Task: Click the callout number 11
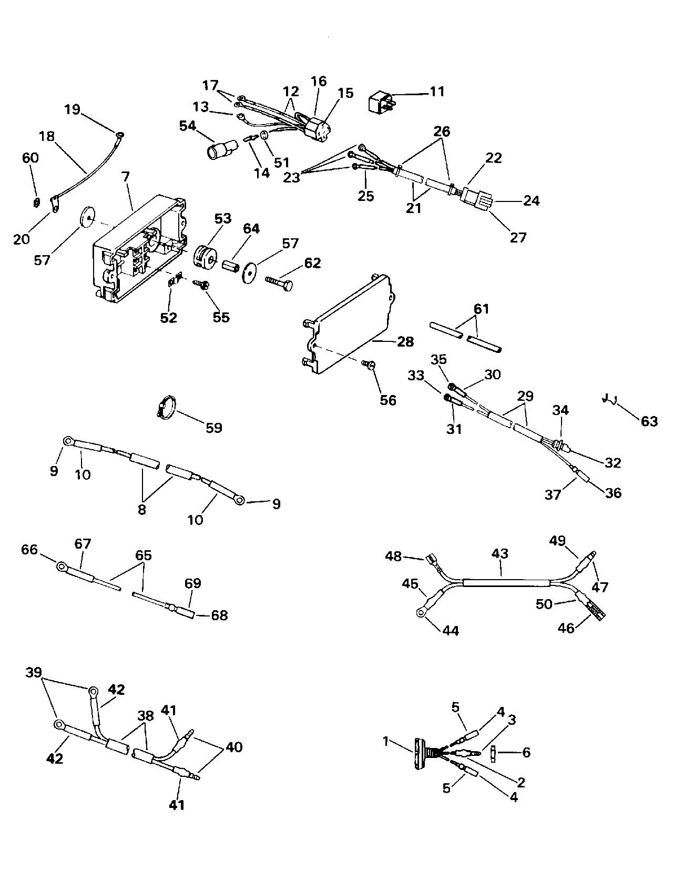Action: point(437,91)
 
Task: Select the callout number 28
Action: point(405,342)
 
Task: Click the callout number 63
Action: point(649,421)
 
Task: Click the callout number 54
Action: point(187,126)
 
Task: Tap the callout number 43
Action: point(500,553)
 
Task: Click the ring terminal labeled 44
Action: point(421,611)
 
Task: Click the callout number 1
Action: point(386,741)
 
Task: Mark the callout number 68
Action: point(219,615)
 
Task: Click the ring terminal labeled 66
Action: point(62,567)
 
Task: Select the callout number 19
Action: point(73,109)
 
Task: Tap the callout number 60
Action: point(30,157)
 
